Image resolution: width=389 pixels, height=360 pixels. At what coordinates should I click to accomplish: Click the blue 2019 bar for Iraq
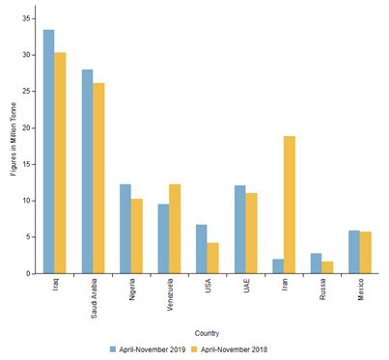pos(48,152)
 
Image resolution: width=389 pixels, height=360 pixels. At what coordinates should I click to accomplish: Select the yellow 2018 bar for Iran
pos(290,205)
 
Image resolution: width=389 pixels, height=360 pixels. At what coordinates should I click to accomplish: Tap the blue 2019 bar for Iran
pos(277,265)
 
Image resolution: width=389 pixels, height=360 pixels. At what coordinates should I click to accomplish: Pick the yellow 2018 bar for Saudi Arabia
pos(99,179)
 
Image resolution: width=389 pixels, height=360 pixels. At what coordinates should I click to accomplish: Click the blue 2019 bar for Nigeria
pos(125,229)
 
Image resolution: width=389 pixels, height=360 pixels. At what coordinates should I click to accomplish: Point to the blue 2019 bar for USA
pos(201,249)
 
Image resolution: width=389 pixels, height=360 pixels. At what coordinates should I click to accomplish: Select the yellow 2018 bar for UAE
pos(252,233)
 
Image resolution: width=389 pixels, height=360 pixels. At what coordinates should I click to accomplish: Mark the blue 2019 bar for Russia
pos(316,263)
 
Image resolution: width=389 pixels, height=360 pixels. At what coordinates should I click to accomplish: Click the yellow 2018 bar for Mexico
pos(366,252)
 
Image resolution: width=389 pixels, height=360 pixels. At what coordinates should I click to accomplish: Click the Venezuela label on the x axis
pos(169,293)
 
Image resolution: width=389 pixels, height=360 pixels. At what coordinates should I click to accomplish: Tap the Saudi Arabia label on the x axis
pos(93,296)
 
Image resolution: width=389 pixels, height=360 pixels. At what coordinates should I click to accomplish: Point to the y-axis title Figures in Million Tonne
pos(12,145)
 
